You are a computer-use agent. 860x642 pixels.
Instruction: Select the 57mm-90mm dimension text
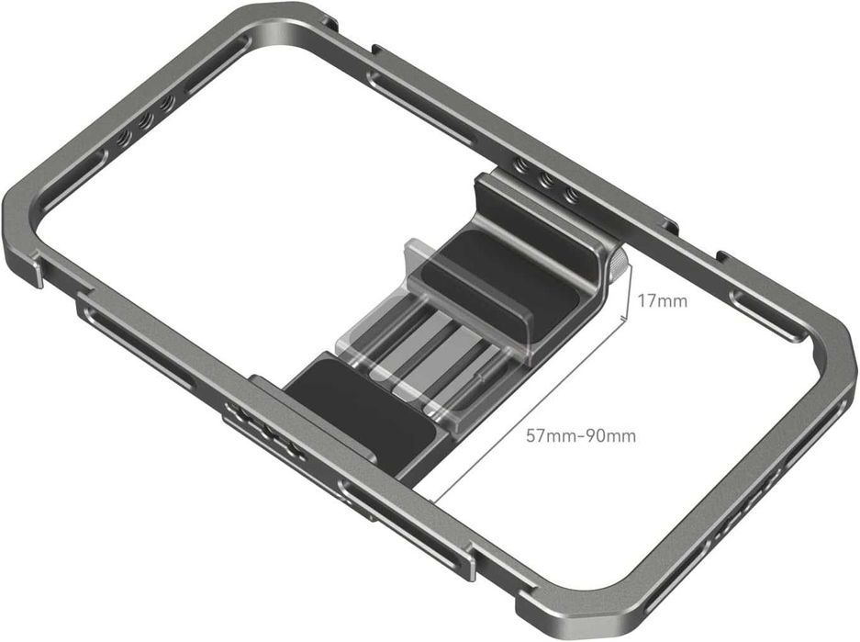(580, 435)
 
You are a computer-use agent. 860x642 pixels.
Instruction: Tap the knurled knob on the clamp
(620, 270)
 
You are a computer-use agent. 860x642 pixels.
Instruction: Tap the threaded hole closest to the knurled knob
(570, 196)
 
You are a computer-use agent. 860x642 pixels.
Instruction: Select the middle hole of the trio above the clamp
(547, 181)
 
